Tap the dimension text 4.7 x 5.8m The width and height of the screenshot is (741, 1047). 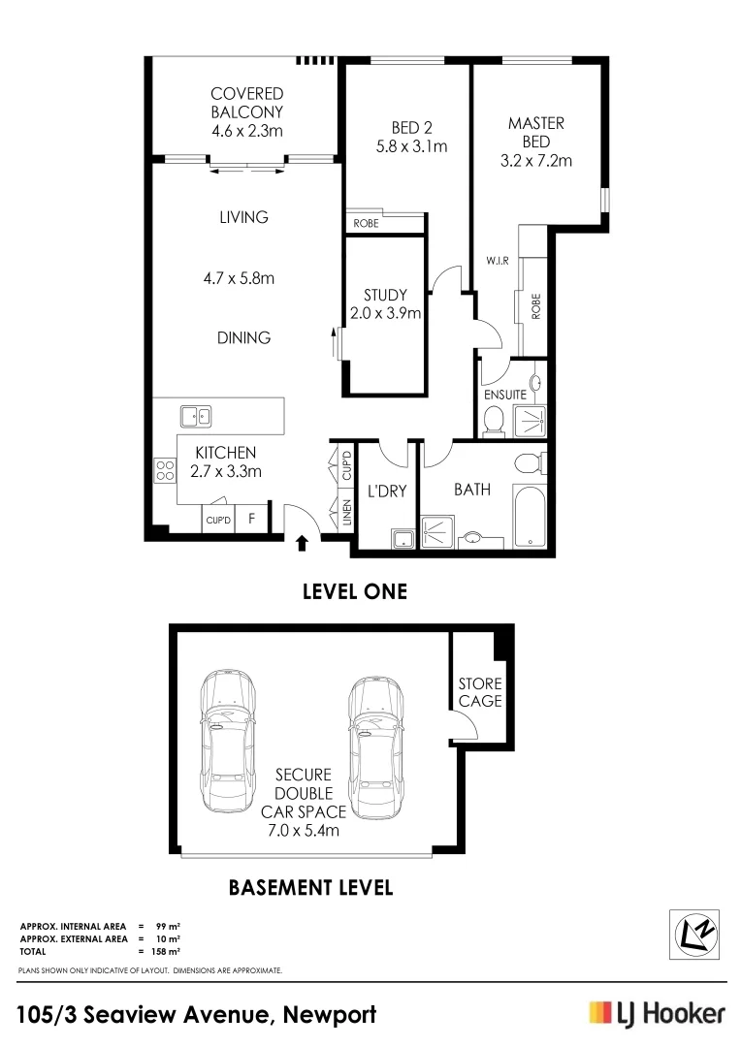tap(239, 278)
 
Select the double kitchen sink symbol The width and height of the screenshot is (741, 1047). tap(196, 417)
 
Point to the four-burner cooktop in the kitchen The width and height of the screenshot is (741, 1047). tap(164, 471)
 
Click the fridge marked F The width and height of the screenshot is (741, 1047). tap(251, 519)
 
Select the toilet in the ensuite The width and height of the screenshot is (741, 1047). tap(493, 419)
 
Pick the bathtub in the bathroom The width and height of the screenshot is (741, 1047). tap(531, 513)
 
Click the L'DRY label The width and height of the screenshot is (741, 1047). tap(387, 491)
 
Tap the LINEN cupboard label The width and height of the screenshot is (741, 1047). tap(346, 513)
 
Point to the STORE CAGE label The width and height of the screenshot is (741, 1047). tap(479, 692)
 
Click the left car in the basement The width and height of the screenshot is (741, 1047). tap(228, 743)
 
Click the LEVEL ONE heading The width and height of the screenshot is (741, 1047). tap(355, 591)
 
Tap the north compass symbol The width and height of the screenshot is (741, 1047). tap(698, 935)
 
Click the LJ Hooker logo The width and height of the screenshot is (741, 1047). tap(657, 1014)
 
